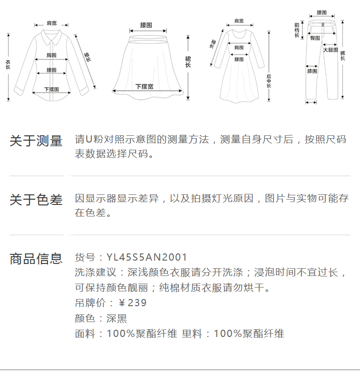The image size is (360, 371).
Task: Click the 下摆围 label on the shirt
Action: [x=51, y=89]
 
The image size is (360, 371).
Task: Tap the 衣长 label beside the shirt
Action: [x=8, y=65]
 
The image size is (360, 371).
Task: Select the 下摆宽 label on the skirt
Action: [x=144, y=86]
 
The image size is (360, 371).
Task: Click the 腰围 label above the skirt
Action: [x=146, y=24]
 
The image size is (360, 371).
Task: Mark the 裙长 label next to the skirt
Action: [x=188, y=61]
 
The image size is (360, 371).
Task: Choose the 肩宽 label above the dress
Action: [x=239, y=21]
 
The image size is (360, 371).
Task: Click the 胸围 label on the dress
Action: [x=239, y=48]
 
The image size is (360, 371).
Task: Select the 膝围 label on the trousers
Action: [x=312, y=71]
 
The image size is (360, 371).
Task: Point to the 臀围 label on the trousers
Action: [x=315, y=38]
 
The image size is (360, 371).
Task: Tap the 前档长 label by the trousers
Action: [x=297, y=30]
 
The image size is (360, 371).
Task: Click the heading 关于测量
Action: [x=36, y=141]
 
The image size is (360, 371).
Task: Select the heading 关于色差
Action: [x=36, y=200]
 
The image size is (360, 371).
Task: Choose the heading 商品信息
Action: [x=36, y=259]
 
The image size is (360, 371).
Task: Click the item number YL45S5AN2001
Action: [x=147, y=258]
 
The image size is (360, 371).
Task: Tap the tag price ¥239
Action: [x=132, y=303]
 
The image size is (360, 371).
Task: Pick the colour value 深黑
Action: [x=117, y=318]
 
